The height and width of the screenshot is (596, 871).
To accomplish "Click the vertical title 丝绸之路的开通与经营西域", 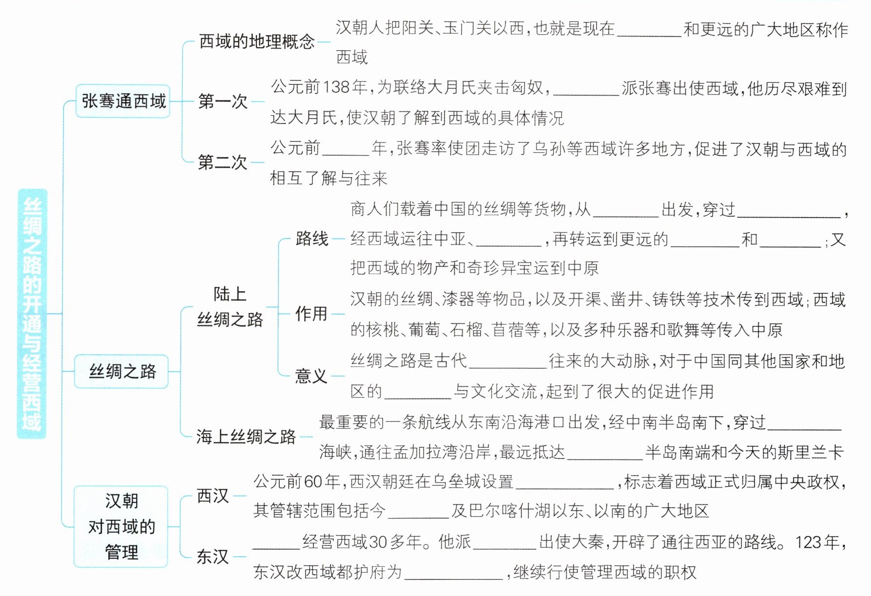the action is (x=32, y=314).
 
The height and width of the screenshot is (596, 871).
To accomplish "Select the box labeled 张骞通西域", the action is (x=123, y=101).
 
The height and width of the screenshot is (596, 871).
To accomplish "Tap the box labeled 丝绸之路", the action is (x=121, y=372).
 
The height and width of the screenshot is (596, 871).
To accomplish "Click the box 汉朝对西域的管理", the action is (x=121, y=527).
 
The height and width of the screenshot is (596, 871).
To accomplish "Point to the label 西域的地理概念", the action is (x=257, y=41).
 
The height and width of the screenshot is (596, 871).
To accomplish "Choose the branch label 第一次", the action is (x=223, y=101).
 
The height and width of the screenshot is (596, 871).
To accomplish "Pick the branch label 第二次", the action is (x=223, y=162).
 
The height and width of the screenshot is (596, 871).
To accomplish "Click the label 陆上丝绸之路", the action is (x=230, y=307).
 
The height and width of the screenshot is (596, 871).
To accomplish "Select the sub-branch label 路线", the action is (x=312, y=238).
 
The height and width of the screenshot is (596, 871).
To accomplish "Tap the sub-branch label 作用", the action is (x=311, y=314).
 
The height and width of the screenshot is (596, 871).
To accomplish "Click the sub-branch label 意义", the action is (x=311, y=376).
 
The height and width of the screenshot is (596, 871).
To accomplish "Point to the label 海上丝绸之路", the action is (x=246, y=437).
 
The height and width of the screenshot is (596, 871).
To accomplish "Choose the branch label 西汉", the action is (x=213, y=496).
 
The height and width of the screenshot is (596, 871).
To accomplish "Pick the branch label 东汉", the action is (x=213, y=556).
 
